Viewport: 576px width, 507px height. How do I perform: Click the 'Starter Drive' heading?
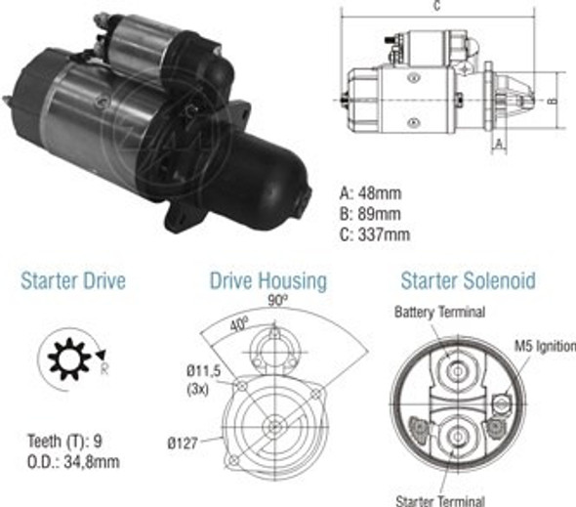tap(73, 282)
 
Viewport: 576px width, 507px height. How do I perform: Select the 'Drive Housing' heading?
tap(267, 282)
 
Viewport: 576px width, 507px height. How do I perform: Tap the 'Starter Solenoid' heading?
tap(468, 281)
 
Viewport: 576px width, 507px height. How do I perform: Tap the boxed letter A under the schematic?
tap(499, 144)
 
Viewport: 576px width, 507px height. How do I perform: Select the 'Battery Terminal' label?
tap(439, 314)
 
